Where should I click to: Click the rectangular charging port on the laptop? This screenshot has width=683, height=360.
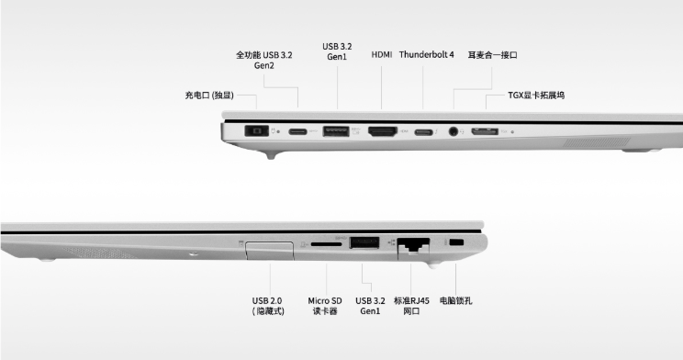click(x=256, y=130)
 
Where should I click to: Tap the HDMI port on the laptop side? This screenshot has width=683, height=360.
click(x=383, y=131)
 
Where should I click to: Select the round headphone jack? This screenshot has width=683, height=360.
click(x=453, y=130)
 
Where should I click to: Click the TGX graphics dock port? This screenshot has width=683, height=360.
click(x=485, y=131)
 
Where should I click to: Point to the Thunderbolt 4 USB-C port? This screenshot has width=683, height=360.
click(x=423, y=131)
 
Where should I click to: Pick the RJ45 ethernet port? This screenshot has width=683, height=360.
click(x=413, y=246)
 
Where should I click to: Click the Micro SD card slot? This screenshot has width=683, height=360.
click(x=327, y=244)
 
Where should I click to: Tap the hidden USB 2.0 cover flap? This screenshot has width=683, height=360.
click(x=269, y=251)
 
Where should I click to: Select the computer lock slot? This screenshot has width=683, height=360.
click(x=456, y=242)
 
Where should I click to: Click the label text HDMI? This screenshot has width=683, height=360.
click(x=382, y=54)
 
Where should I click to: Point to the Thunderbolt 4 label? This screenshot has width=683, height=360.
click(x=427, y=54)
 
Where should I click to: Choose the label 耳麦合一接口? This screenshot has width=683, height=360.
click(x=492, y=55)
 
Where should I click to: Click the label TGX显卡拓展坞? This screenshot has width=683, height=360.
click(x=536, y=95)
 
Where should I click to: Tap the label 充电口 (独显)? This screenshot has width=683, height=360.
click(x=209, y=95)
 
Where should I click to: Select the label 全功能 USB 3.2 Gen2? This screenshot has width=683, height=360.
click(x=264, y=60)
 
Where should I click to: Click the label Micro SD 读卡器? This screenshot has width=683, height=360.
click(x=325, y=306)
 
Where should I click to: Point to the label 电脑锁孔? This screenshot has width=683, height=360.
click(x=455, y=300)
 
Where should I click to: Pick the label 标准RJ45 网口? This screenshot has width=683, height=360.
click(x=411, y=306)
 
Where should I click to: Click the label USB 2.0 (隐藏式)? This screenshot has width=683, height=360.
click(x=267, y=306)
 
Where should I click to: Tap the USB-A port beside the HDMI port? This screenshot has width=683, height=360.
click(x=336, y=131)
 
